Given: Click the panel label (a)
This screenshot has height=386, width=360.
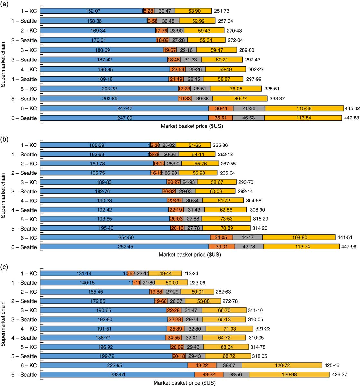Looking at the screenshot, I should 5,4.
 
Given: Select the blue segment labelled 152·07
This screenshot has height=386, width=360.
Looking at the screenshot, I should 92,11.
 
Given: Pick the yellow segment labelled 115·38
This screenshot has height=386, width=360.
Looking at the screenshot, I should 304,108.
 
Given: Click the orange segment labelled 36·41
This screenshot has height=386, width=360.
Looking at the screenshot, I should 221,108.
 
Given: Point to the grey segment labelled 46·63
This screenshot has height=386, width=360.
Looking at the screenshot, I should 248,118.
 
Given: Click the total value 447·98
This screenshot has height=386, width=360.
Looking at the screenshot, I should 349,247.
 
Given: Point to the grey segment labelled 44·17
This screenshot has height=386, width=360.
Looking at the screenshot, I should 248,238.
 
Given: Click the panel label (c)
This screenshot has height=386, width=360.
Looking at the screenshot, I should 5,267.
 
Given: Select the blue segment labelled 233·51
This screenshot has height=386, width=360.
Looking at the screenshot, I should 118,375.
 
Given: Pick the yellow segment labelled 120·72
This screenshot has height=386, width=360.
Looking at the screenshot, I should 282,365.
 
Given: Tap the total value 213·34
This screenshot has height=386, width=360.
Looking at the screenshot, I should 191,274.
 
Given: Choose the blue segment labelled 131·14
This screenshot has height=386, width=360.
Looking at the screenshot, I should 84,274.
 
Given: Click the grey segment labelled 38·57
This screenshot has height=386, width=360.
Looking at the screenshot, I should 229,365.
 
